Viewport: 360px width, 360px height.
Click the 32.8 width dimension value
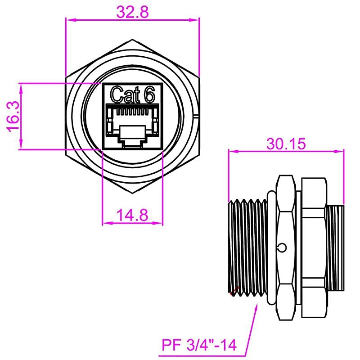click(132, 12)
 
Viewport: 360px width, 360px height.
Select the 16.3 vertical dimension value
click(13, 116)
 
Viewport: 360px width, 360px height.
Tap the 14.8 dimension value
click(132, 215)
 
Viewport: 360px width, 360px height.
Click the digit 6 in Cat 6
click(149, 94)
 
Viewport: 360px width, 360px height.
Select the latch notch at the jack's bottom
click(132, 143)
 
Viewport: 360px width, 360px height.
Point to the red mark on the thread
click(233, 294)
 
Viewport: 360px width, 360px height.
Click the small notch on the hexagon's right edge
click(197, 116)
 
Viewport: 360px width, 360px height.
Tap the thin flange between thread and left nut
click(270, 247)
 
